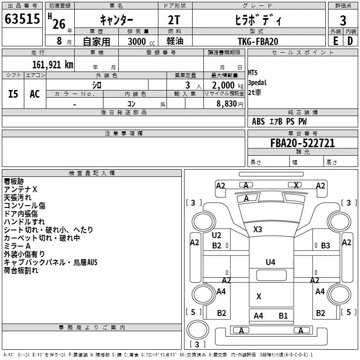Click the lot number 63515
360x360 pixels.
pos(22,18)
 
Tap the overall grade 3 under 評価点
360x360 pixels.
pos(343,20)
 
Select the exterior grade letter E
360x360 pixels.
pos(336,41)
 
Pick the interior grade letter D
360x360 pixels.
pos(350,41)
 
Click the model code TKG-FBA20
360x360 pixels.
pos(258,41)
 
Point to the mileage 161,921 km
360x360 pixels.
pos(53,65)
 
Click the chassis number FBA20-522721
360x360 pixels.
pos(302,143)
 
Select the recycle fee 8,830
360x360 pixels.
pos(226,103)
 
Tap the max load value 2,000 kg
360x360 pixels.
pos(228,85)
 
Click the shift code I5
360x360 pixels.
pos(13,94)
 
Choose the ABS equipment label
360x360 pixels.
pos(258,121)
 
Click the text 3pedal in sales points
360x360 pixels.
pos(257,82)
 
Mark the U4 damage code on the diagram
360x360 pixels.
pos(270,262)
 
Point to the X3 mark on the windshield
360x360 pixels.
pos(257,229)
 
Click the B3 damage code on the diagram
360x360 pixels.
pos(325,245)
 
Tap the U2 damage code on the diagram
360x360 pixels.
pos(216,235)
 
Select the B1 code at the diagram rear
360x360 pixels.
pos(283,316)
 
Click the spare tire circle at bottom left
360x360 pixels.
pos(198,330)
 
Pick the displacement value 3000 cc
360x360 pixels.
pos(141,41)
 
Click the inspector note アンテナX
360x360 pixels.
pos(20,189)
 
